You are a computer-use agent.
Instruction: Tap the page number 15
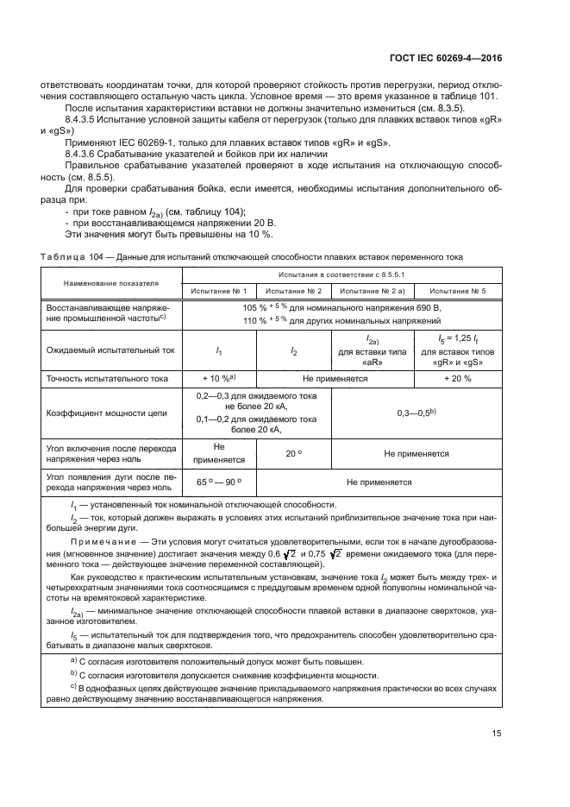(497, 734)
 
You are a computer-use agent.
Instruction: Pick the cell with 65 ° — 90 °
(219, 482)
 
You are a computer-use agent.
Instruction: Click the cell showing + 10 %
(219, 379)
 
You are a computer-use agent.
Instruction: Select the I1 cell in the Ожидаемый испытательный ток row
(219, 350)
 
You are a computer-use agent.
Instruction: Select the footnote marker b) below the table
(73, 674)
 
